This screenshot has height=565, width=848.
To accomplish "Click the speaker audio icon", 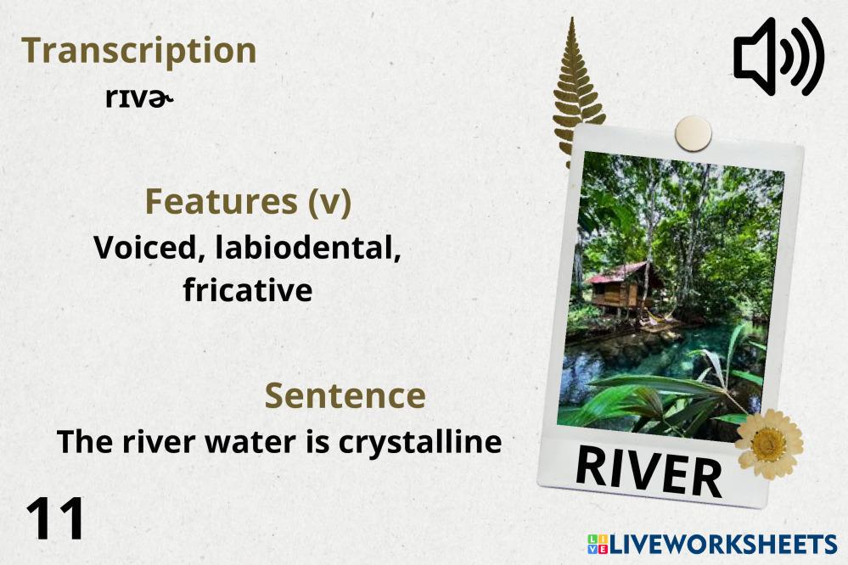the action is click(x=778, y=56).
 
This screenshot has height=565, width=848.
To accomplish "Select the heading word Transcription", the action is click(x=139, y=52).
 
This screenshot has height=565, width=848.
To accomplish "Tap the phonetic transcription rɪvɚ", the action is click(x=139, y=98).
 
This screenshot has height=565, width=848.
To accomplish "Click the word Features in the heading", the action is click(x=222, y=201).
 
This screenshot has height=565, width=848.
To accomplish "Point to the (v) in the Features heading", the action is click(x=329, y=202).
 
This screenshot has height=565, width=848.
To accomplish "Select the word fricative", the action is click(x=248, y=290).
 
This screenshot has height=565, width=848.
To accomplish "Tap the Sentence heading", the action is click(x=345, y=395).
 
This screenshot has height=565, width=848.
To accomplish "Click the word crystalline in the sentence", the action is click(x=420, y=443).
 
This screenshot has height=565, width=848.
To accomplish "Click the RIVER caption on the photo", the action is click(x=649, y=470).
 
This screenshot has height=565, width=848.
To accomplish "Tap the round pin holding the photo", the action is click(x=694, y=133).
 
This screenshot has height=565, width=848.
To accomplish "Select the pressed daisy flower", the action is click(x=769, y=444).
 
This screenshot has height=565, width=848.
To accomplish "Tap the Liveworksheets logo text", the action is click(x=713, y=544).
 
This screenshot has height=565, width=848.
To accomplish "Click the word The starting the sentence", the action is click(x=85, y=442).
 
